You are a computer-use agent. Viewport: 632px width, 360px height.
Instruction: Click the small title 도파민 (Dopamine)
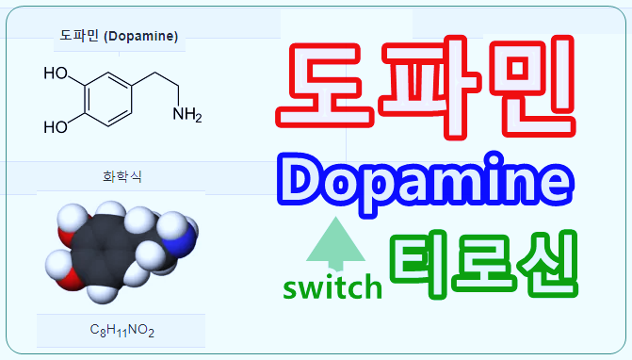pos(118,37)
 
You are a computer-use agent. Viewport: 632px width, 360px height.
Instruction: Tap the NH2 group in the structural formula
pos(186,116)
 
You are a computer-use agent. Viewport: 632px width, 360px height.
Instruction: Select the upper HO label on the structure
pos(55,73)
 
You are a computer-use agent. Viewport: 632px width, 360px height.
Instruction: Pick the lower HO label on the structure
pos(55,126)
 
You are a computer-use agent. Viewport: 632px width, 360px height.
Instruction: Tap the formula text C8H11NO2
pos(121,331)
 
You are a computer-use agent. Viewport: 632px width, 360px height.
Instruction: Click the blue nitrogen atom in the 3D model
pos(184,232)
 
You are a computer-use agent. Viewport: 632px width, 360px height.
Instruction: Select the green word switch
pos(333,286)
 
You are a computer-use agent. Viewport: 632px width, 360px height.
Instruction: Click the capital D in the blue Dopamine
pos(300,182)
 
